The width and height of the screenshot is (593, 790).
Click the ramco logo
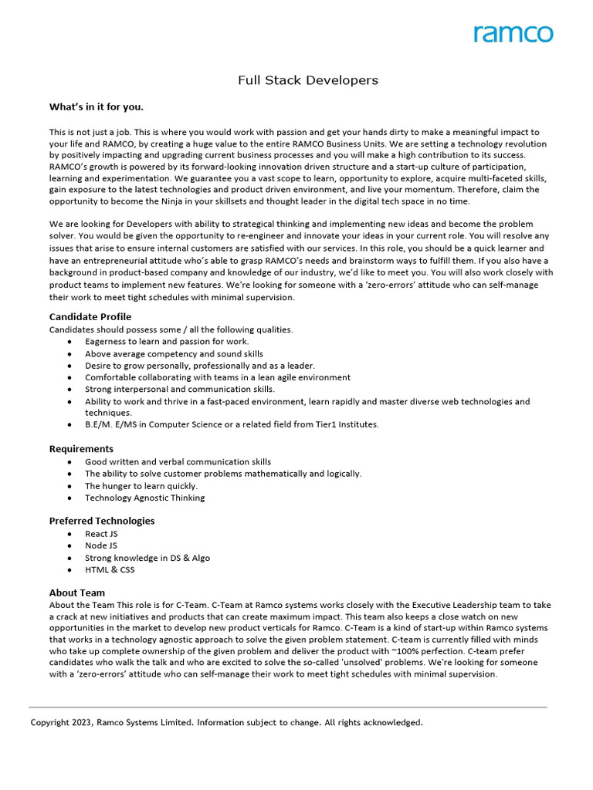click(513, 34)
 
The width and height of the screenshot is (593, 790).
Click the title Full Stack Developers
click(307, 80)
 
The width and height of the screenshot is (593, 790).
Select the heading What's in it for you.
click(97, 106)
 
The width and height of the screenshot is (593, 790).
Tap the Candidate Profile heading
click(90, 316)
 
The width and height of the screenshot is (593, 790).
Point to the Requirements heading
click(81, 448)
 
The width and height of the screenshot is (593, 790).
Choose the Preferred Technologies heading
click(102, 521)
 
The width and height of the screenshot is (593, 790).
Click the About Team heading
click(77, 592)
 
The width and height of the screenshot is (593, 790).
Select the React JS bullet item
click(101, 534)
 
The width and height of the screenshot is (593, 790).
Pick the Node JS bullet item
click(101, 545)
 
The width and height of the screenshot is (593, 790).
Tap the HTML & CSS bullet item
click(110, 570)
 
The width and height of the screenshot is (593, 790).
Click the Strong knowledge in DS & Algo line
click(147, 558)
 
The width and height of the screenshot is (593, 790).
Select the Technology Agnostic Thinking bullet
click(144, 498)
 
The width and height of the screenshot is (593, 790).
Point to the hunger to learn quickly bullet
click(141, 486)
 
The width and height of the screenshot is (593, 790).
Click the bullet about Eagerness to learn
click(167, 341)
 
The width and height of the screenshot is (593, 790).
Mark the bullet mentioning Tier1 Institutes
click(232, 424)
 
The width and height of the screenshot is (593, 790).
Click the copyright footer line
click(226, 723)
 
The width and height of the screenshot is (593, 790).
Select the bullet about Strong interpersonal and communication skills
click(179, 390)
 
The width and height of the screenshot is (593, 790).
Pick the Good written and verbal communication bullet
click(178, 461)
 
